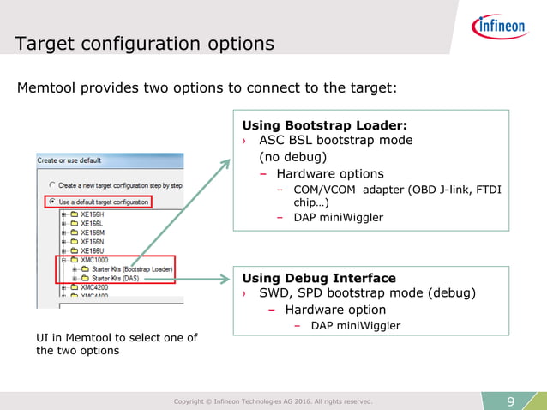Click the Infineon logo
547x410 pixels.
(x=499, y=27)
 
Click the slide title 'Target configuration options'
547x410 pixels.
(x=145, y=44)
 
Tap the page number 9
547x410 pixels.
(x=511, y=401)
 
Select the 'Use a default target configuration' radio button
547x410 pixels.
(x=52, y=202)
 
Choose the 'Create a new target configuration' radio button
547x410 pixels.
(x=52, y=185)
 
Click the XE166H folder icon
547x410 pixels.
(x=74, y=214)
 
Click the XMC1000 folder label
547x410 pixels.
(x=94, y=260)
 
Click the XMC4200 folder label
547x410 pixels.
(x=94, y=288)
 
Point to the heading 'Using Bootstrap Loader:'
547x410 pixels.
(x=324, y=124)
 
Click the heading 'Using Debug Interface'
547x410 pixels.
(x=319, y=278)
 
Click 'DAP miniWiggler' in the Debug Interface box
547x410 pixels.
(x=355, y=325)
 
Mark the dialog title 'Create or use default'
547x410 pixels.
(x=69, y=160)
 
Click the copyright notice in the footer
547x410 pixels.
(x=273, y=401)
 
